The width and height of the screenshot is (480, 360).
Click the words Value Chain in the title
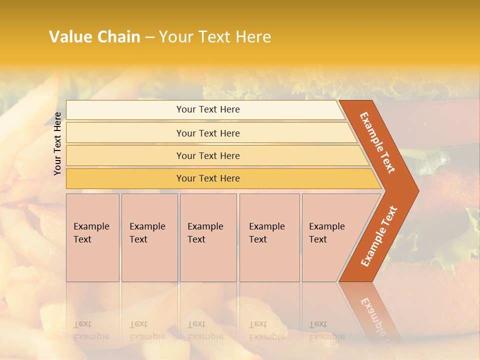coord(94,37)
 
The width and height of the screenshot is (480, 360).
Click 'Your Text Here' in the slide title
coord(215,37)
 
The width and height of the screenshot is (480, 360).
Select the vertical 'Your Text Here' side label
coord(57,143)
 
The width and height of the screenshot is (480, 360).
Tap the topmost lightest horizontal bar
coord(125,109)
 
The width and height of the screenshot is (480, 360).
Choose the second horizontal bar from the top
coord(125,133)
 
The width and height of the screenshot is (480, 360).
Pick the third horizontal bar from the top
coord(125,155)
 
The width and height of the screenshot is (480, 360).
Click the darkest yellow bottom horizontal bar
coord(125,178)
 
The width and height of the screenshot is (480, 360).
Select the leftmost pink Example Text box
coord(92,237)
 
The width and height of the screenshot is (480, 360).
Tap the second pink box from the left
coord(149,237)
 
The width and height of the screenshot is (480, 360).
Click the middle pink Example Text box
coord(208,237)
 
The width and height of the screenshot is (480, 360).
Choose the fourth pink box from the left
coord(269,237)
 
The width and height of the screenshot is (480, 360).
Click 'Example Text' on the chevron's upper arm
coord(377,142)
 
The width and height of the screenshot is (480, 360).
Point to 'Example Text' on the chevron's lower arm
coord(379,236)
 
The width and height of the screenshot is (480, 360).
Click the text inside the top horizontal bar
coord(208,109)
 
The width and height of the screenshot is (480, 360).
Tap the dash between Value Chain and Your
coord(149,37)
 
